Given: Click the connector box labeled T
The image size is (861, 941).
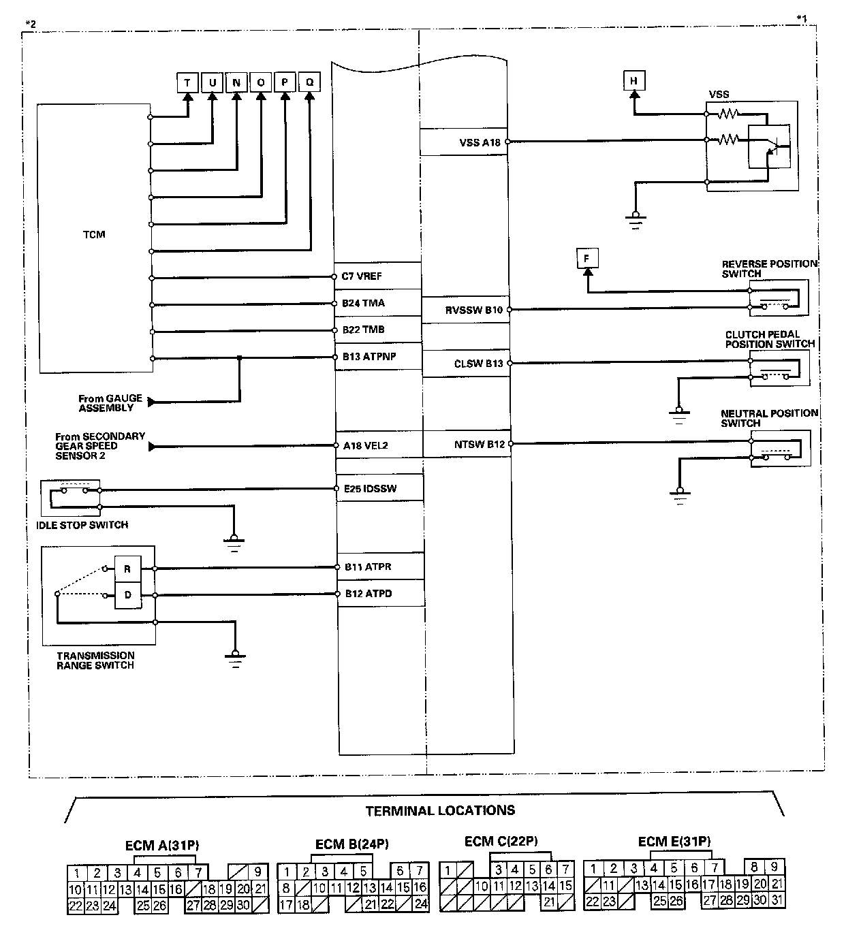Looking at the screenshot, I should click(187, 83).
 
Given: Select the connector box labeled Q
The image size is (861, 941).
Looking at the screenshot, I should click(309, 83).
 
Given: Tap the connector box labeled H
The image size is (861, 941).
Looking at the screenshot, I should click(634, 82).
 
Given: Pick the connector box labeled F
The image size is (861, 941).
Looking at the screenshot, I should click(586, 259).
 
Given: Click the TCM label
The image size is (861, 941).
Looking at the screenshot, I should click(95, 235).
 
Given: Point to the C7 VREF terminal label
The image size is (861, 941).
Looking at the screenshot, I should click(362, 276).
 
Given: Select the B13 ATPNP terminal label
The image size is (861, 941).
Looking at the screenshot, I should click(364, 356).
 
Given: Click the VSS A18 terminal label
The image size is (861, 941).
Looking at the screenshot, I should click(480, 142).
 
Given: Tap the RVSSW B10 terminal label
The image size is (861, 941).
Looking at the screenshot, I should click(474, 310).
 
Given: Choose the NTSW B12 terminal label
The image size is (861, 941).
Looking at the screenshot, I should click(480, 445).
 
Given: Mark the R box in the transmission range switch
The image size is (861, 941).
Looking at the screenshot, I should click(127, 569).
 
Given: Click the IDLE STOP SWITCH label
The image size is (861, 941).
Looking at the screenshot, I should click(82, 525).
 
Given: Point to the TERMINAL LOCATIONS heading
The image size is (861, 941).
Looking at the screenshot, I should click(440, 810).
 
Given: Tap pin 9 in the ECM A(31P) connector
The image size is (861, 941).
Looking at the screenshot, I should click(257, 872).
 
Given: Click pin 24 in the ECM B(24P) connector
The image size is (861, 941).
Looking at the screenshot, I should click(422, 905).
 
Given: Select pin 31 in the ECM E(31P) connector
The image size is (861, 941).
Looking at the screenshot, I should click(777, 900).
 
